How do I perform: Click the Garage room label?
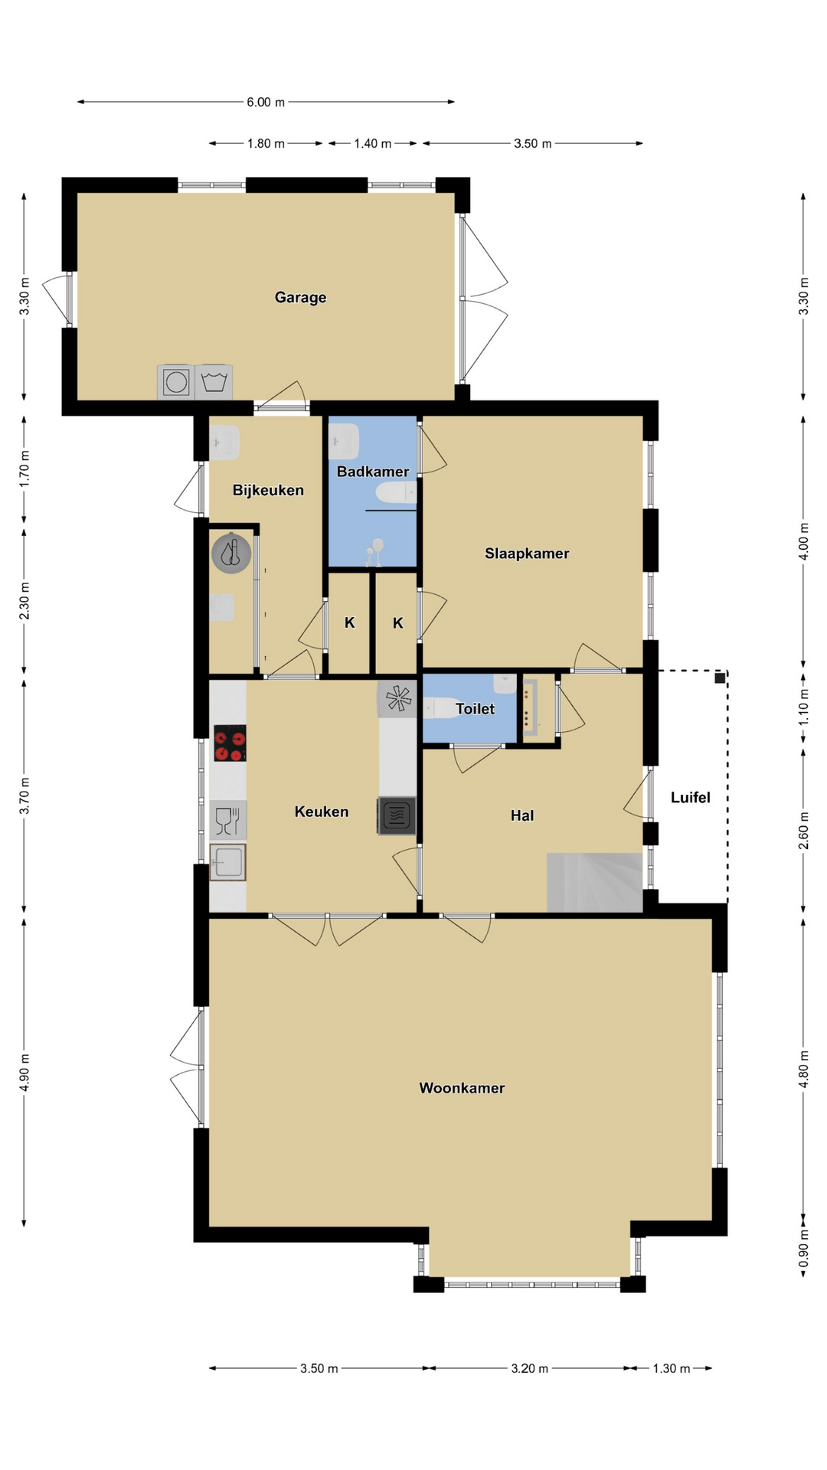tap(300, 297)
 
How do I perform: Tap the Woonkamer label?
tap(462, 1088)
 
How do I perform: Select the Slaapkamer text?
tap(527, 554)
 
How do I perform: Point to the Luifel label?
tap(690, 797)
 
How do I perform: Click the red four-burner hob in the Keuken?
tap(229, 743)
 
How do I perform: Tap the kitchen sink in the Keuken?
tap(227, 863)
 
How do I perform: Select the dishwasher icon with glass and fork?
tap(227, 820)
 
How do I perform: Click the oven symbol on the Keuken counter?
tap(397, 815)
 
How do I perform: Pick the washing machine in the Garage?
tap(176, 381)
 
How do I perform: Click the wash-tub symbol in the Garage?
tap(214, 381)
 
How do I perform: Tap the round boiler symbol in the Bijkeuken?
tap(231, 553)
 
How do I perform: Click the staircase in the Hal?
tap(594, 882)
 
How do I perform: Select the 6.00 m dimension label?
tap(266, 102)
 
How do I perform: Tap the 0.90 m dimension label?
tap(803, 1249)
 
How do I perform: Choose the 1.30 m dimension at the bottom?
tap(672, 1368)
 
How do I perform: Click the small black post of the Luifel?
tap(720, 678)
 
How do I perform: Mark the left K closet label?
tap(350, 623)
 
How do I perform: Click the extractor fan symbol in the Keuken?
tap(397, 698)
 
